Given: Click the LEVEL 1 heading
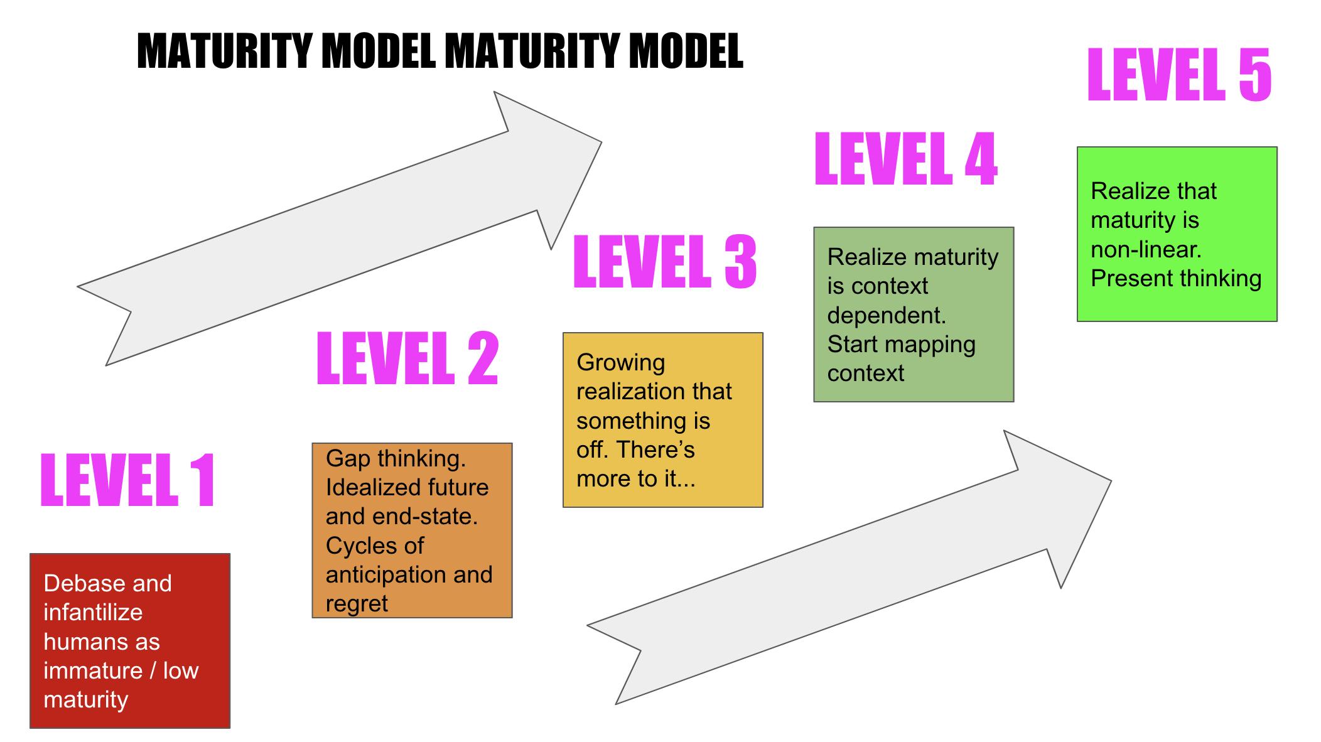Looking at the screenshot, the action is coord(128,480).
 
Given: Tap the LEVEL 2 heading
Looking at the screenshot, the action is coord(407,358).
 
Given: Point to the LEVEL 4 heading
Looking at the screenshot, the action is coord(905,159).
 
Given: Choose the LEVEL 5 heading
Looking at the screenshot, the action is coord(1179,75).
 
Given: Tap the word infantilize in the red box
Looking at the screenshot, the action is coord(93,612).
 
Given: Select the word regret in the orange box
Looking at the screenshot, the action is coord(357,604).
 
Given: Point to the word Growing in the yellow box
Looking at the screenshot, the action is coord(620,363).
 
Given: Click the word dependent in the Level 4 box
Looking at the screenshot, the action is coord(886,315).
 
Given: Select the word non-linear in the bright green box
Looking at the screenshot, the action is coord(1146,249).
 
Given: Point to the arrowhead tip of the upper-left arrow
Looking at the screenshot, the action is coord(601,142).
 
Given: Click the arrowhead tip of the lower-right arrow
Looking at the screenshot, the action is coord(1111,481).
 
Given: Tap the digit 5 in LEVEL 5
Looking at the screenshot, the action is coord(1254,75).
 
